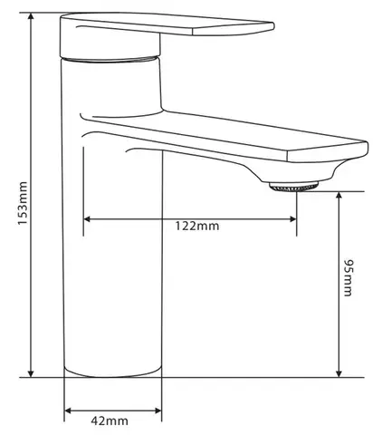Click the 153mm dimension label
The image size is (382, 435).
click(x=23, y=203)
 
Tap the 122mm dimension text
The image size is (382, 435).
click(x=197, y=226)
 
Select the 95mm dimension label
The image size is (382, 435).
click(x=348, y=277)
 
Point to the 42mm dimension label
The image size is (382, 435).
click(x=110, y=420)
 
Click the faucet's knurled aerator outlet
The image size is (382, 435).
click(x=293, y=186)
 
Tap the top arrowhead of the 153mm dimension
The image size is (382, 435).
click(x=31, y=16)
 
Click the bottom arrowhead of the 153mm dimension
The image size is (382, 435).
click(x=31, y=373)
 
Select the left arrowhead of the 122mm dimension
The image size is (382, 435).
click(x=87, y=219)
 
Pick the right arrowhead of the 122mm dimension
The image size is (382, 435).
click(x=292, y=219)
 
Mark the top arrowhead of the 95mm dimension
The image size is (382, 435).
click(x=339, y=196)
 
